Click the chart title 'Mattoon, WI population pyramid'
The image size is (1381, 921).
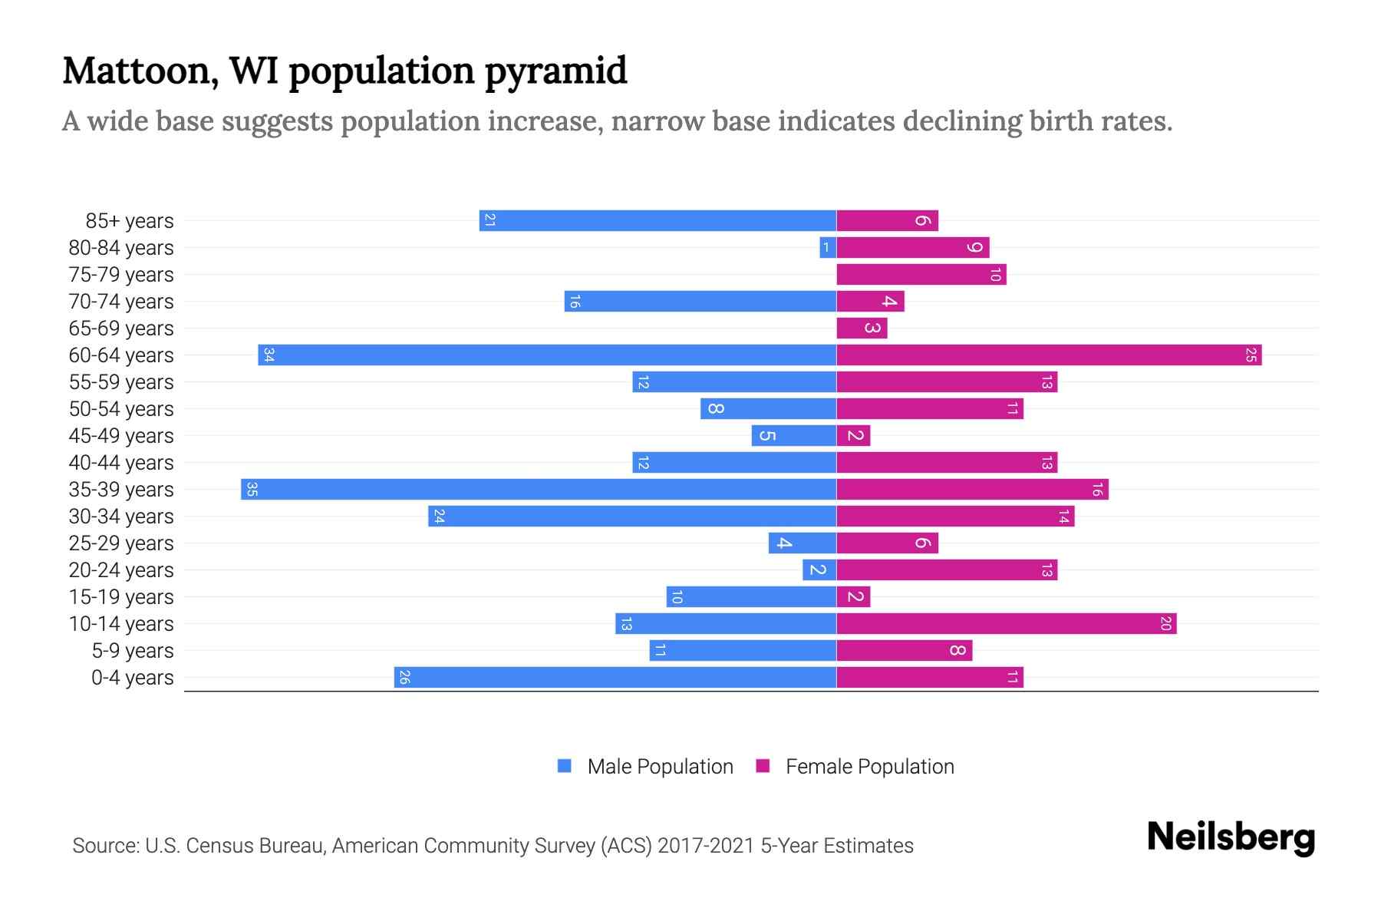click(344, 71)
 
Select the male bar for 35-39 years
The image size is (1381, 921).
click(539, 490)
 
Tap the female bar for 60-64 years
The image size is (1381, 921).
click(1048, 355)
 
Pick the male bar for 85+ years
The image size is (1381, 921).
click(658, 221)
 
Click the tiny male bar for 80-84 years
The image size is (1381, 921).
click(827, 248)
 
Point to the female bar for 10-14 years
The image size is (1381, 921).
click(1006, 624)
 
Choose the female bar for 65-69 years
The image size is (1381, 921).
click(862, 328)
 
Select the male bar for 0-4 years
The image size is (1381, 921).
click(615, 678)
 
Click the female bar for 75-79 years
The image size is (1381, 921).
click(921, 275)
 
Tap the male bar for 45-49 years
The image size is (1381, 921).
click(794, 436)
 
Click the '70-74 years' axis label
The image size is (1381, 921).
click(121, 302)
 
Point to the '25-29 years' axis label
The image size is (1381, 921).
click(121, 543)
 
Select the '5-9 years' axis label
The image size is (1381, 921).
click(132, 651)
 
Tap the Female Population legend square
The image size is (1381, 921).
click(763, 766)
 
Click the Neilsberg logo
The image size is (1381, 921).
click(1231, 837)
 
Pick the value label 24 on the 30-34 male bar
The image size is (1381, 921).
click(439, 517)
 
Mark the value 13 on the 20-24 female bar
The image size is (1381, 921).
click(1046, 570)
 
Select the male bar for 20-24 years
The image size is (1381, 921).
click(819, 570)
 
